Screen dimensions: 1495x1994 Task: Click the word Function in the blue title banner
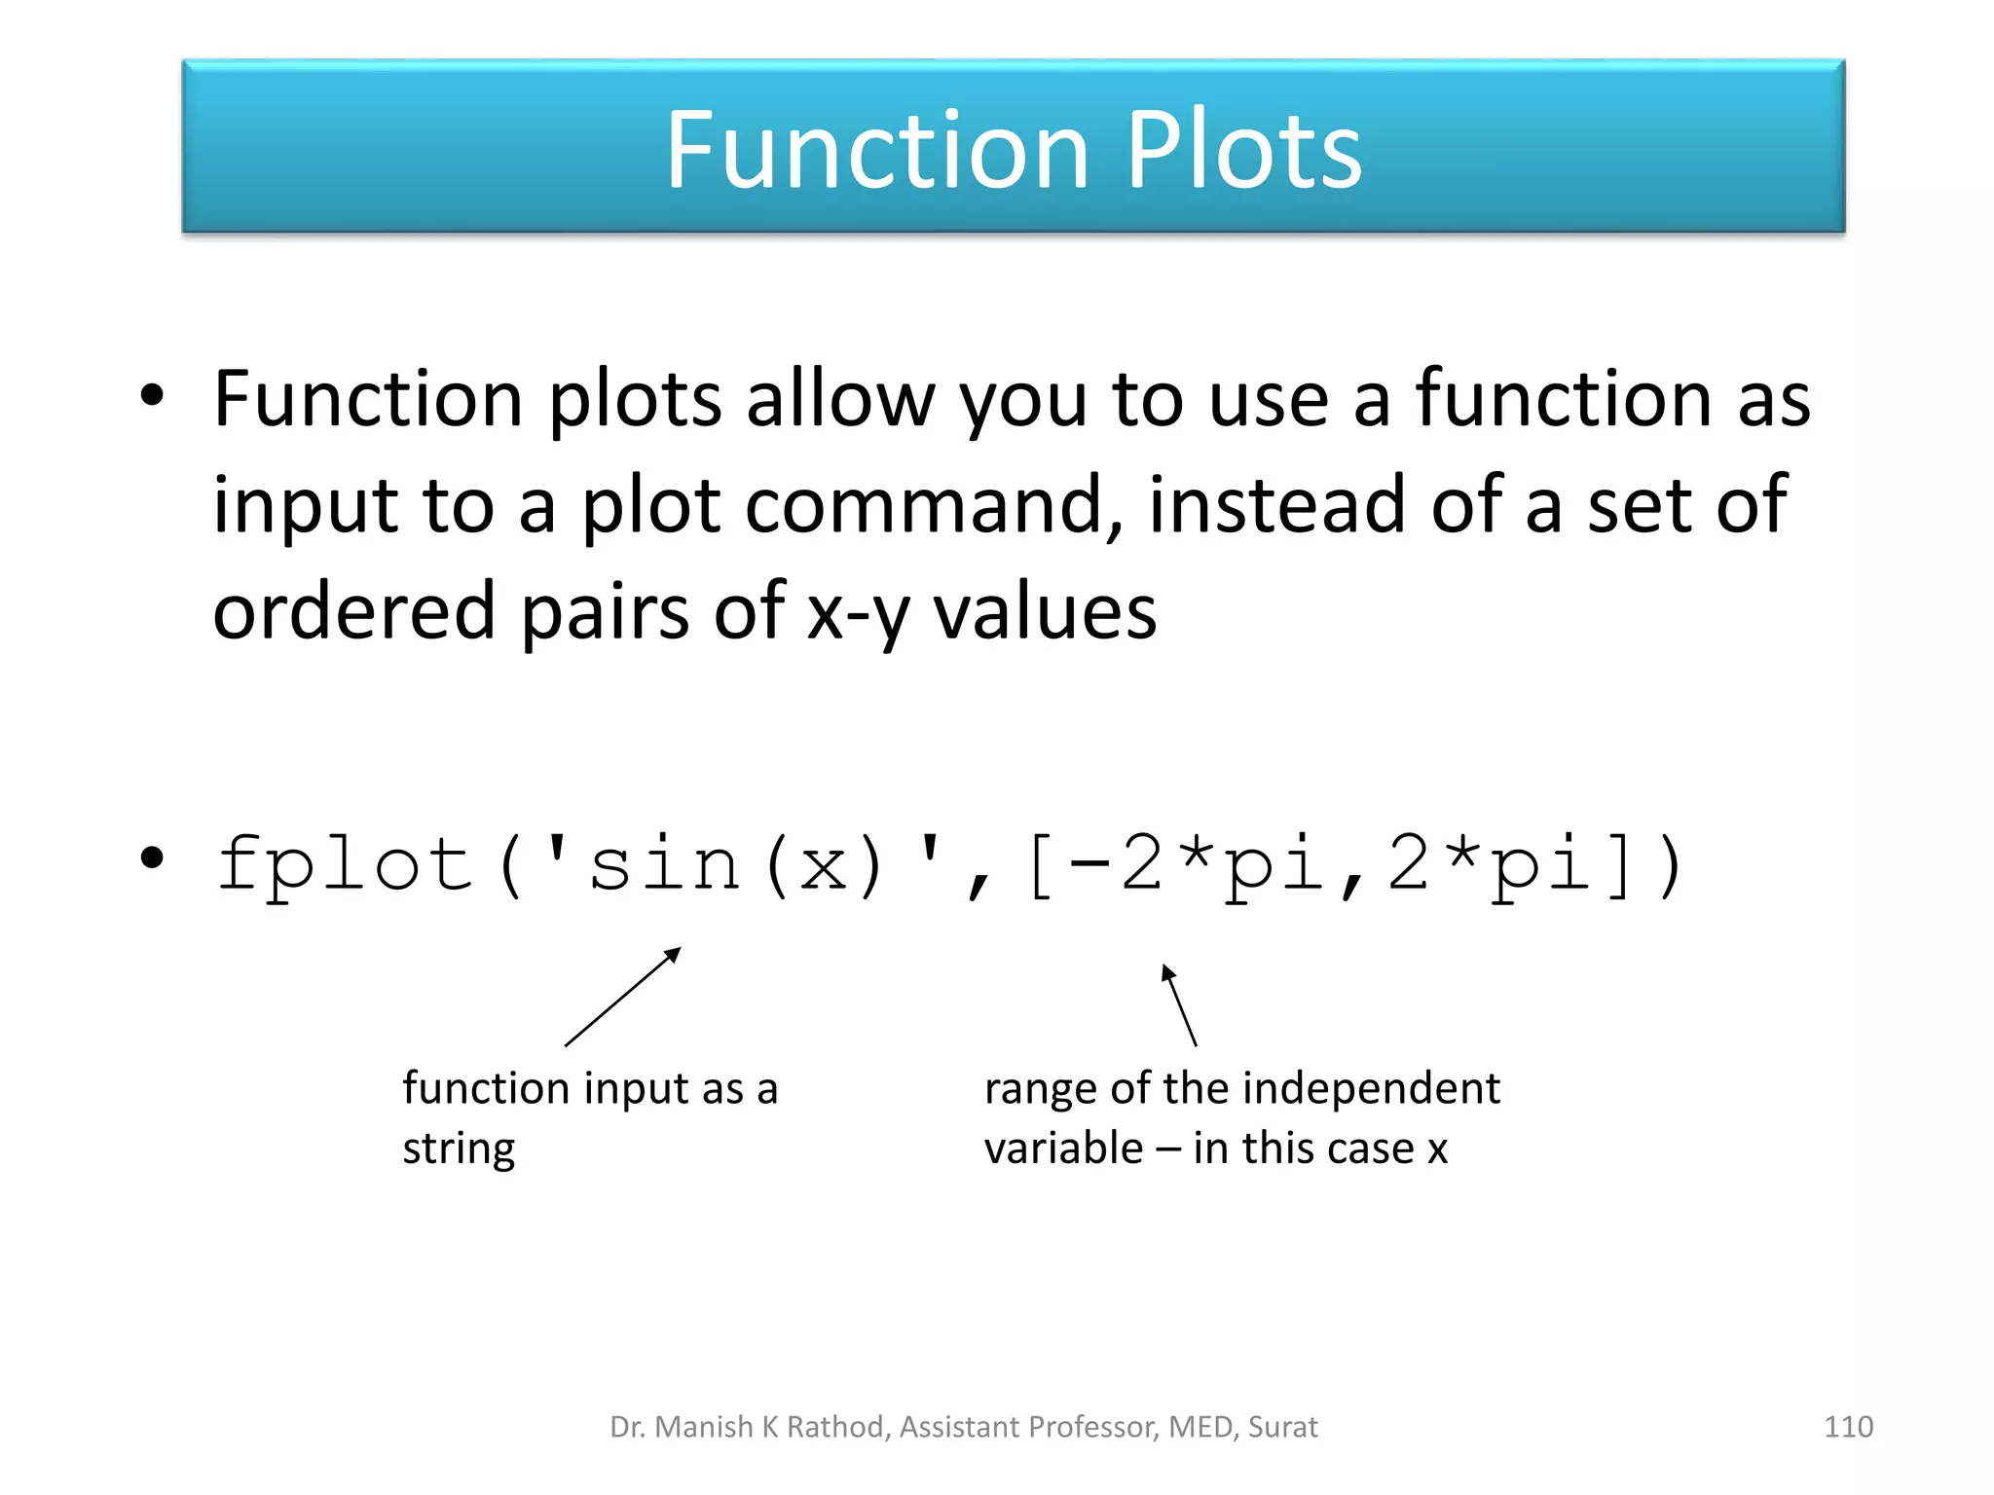[x=876, y=151]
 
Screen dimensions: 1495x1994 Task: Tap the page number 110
[x=1847, y=1427]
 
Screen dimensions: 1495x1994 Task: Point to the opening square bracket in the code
[x=1040, y=866]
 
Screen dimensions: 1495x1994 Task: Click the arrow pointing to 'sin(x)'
[x=623, y=997]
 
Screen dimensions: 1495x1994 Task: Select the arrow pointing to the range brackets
[x=1179, y=1004]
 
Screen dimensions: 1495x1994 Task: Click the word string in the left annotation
[x=459, y=1149]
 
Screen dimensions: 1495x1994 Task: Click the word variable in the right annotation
[x=1063, y=1149]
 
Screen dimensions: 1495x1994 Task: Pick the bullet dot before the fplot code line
[x=152, y=857]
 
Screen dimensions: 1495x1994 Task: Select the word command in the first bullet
[x=934, y=506]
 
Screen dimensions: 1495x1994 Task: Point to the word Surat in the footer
[x=1282, y=1427]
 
